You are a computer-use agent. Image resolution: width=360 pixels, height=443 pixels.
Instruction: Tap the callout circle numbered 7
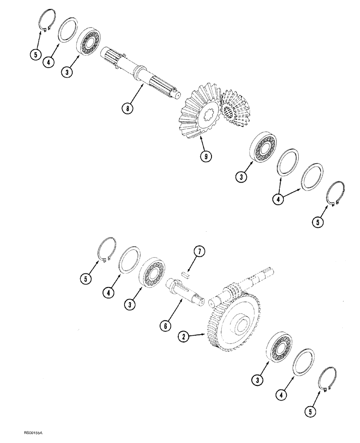pos(199,253)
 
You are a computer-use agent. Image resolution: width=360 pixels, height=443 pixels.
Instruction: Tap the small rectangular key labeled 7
pos(186,275)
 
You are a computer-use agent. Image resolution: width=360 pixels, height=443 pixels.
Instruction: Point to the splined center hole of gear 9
pos(207,115)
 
